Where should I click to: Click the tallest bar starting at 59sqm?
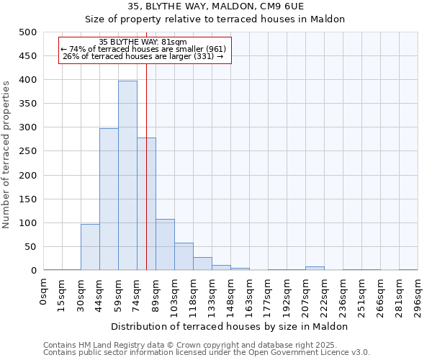[x=127, y=176]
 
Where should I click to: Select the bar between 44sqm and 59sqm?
[x=109, y=199]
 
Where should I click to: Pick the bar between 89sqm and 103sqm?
[x=165, y=245]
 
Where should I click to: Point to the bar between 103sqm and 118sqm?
[x=184, y=257]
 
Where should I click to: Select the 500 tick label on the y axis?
[x=28, y=32]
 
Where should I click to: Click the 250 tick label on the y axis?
[x=28, y=151]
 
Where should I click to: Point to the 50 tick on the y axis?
[x=31, y=247]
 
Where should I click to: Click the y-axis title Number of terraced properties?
[x=6, y=154]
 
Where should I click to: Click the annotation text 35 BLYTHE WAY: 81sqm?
[x=142, y=42]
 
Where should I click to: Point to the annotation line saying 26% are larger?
[x=143, y=56]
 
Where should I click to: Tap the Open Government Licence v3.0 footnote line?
[x=207, y=353]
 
